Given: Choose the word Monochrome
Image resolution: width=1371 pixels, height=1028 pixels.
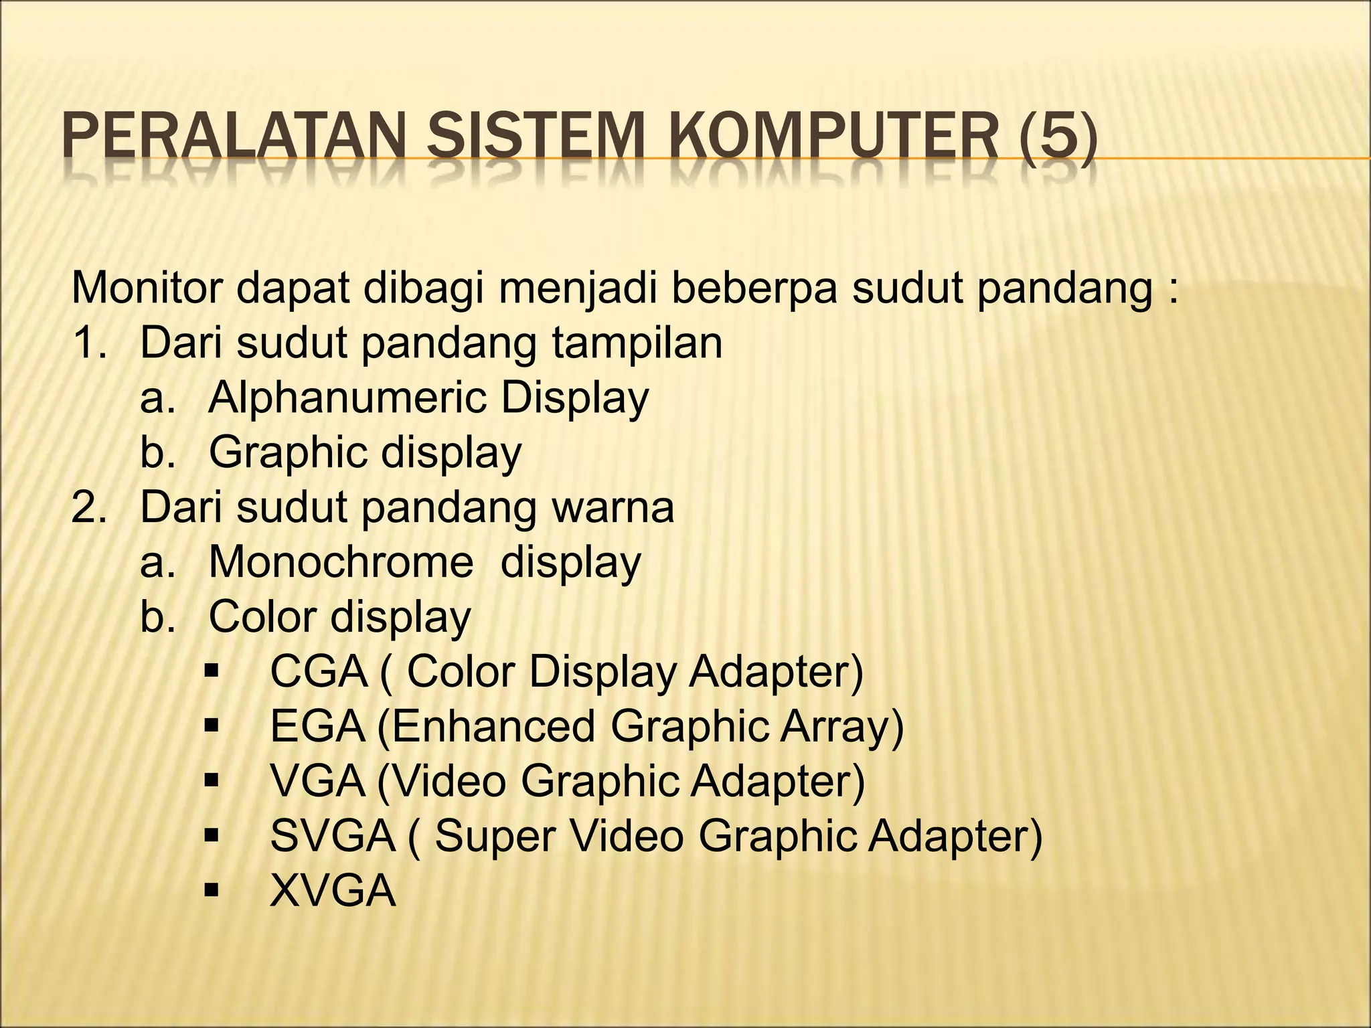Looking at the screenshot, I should tap(341, 563).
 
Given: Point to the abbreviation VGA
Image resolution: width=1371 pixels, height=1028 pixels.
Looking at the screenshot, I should tap(318, 782).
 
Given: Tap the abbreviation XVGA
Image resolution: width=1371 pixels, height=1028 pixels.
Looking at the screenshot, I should tap(333, 891).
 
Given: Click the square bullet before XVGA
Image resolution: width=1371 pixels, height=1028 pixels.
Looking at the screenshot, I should tap(213, 891).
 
